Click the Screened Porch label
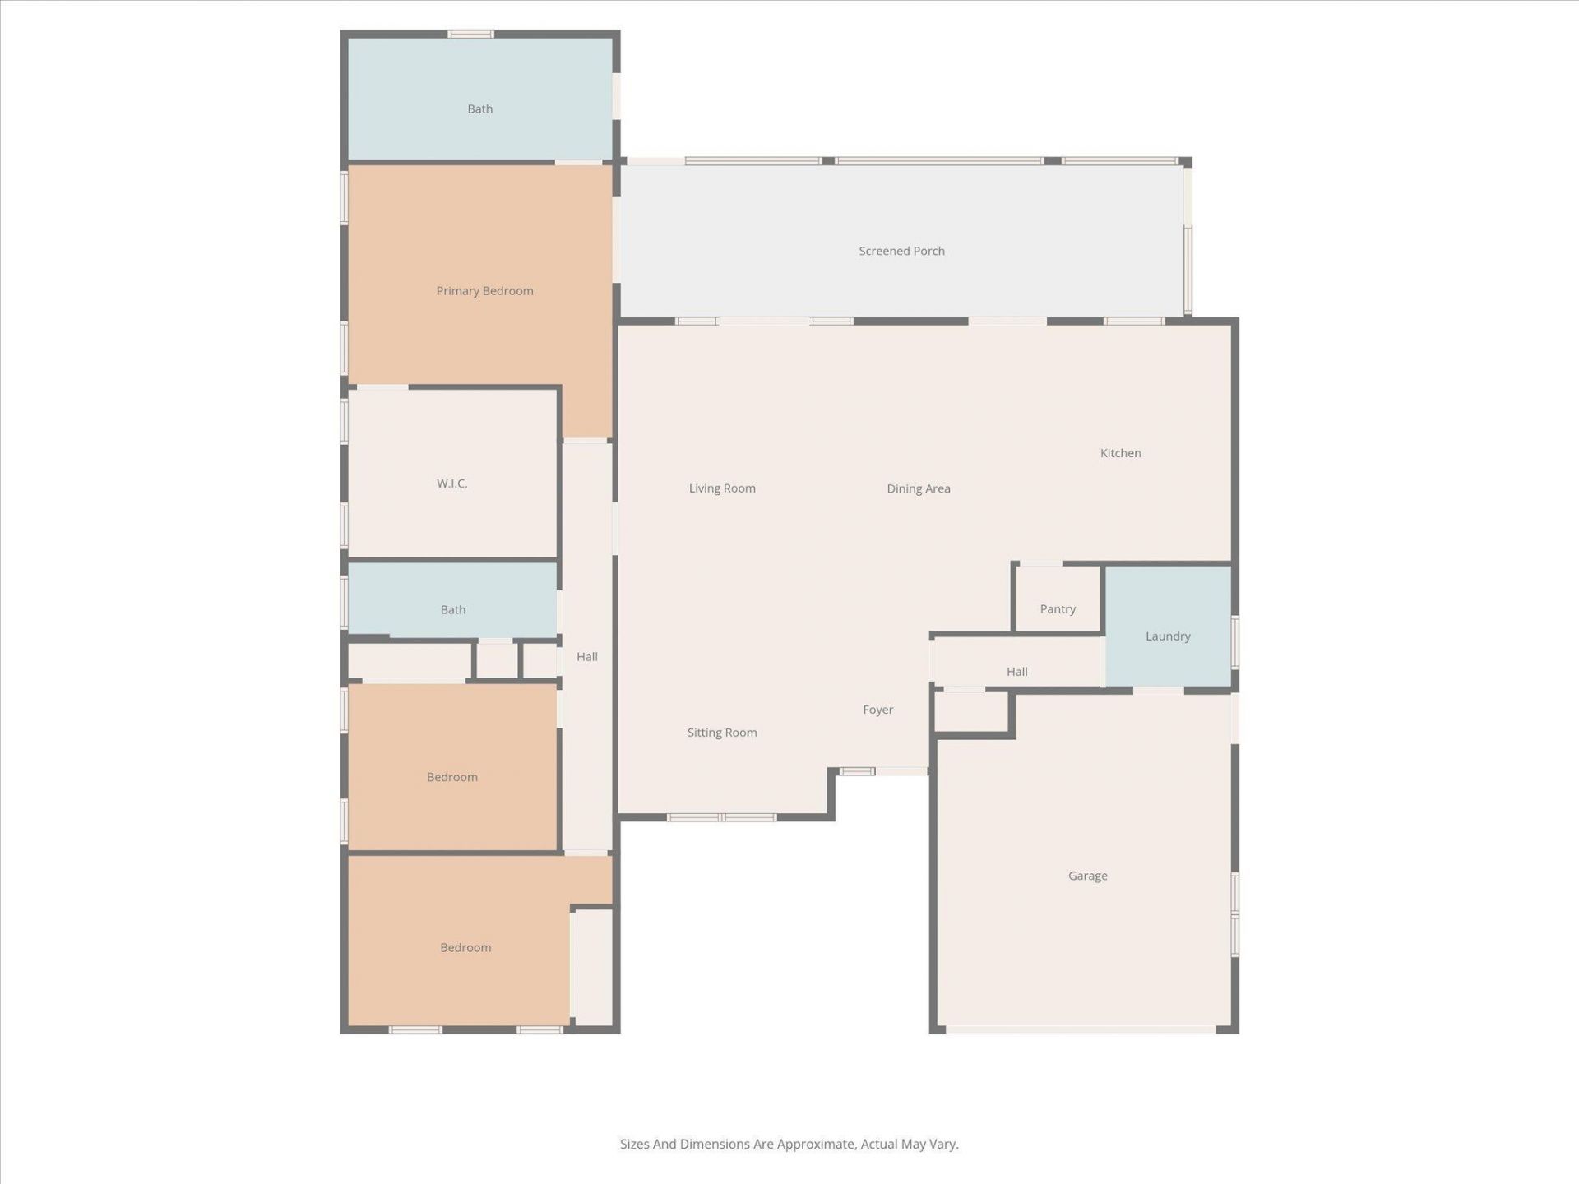(x=901, y=251)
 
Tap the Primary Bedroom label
(x=484, y=291)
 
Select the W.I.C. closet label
(x=451, y=483)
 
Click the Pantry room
(x=1058, y=609)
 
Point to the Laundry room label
(x=1168, y=636)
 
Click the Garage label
(x=1087, y=876)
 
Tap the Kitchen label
(x=1120, y=453)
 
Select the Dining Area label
(x=918, y=488)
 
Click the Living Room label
(x=721, y=488)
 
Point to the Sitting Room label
(x=721, y=733)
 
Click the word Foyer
(x=877, y=710)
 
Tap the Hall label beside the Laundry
(x=1016, y=672)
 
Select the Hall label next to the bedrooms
(x=586, y=656)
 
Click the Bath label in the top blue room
(x=479, y=109)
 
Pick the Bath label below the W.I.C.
(x=452, y=610)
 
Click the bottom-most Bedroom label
(x=465, y=947)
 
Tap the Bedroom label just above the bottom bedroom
(x=451, y=777)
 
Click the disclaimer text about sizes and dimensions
(x=789, y=1144)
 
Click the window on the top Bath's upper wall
(x=470, y=34)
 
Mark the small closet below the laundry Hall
(x=971, y=711)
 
